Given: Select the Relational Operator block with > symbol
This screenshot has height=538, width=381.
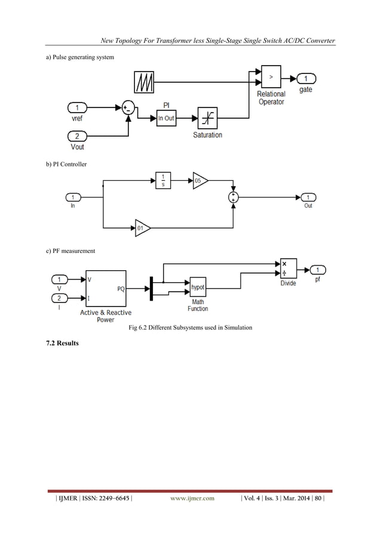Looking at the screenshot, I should point(271,78).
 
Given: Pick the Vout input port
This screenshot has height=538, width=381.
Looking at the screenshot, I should point(77,135).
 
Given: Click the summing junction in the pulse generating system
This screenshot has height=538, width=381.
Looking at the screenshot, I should point(128,108).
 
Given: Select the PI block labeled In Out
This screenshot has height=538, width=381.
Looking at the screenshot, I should point(166,118).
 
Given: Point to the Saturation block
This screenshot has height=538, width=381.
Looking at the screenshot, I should point(207,119).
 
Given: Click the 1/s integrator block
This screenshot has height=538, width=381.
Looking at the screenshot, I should point(163,180).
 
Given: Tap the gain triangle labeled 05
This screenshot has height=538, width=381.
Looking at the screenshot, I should point(199,180).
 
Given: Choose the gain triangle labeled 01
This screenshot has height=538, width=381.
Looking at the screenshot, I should point(142,228).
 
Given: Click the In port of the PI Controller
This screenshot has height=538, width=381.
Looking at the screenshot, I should point(73,197).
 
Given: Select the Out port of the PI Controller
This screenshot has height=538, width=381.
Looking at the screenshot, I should point(308,197).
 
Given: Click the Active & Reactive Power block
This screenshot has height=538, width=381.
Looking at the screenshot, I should point(106,289).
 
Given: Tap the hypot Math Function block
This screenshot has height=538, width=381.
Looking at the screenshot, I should point(198,287).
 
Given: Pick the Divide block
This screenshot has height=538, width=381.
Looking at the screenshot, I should point(288,269).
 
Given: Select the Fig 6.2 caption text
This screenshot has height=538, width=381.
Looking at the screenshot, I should point(190,328).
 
